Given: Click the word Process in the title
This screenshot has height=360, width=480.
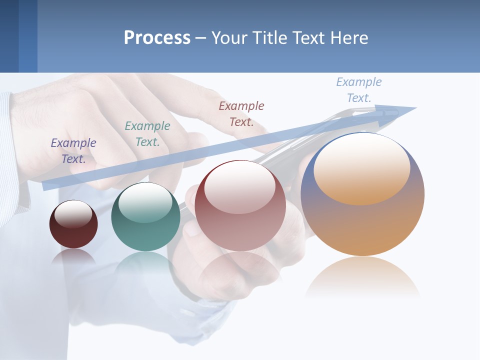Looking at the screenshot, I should pyautogui.click(x=157, y=38).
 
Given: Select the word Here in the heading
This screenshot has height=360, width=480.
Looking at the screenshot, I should pyautogui.click(x=348, y=38).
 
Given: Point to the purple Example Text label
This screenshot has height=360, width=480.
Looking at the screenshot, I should pyautogui.click(x=73, y=151).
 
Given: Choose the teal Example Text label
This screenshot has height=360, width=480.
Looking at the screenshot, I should pyautogui.click(x=147, y=134).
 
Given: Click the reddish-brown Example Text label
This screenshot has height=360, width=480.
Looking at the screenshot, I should pyautogui.click(x=241, y=113).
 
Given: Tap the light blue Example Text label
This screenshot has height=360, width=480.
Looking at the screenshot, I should pyautogui.click(x=359, y=90).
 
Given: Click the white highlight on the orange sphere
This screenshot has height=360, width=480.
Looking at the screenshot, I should pyautogui.click(x=361, y=167).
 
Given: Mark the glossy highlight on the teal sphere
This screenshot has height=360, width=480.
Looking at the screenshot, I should pyautogui.click(x=145, y=202).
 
